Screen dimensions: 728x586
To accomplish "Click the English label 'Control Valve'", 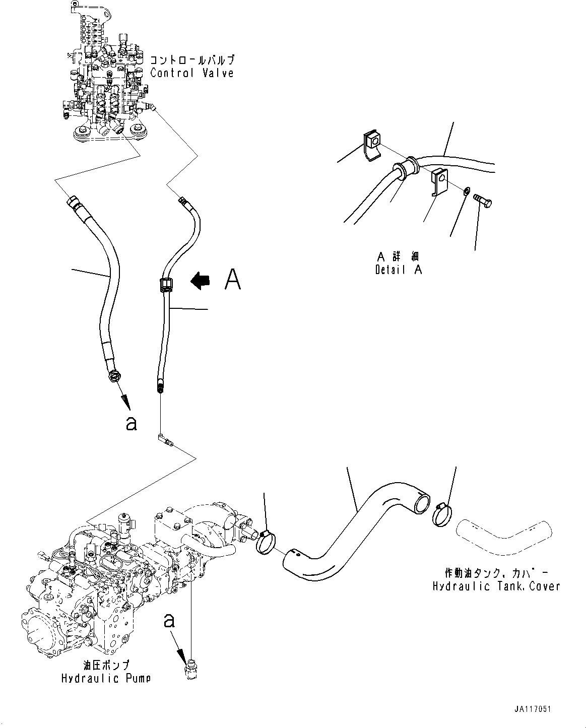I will point(192,73).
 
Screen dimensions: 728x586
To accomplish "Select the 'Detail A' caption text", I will point(398,270).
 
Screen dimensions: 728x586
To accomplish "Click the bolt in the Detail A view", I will point(484,202).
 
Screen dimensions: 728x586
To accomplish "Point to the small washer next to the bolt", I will point(467,190).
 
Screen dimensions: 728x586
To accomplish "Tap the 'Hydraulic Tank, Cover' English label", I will point(496,586).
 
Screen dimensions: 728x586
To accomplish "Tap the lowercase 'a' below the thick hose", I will point(131,424).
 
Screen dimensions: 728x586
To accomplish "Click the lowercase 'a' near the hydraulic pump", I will point(169,621).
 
